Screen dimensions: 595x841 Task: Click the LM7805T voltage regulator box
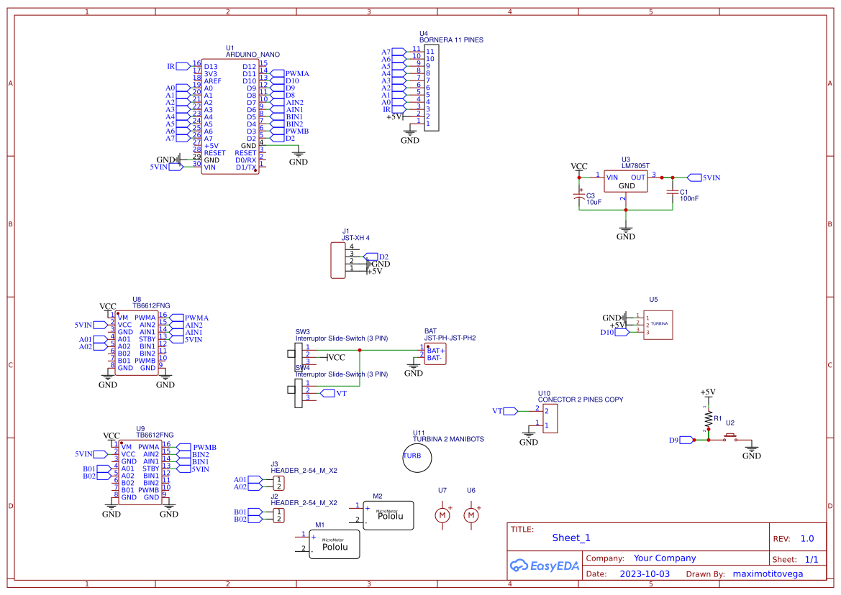[625, 181]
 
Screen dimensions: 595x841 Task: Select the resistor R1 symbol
[708, 418]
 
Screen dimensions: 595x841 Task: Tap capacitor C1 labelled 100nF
[673, 192]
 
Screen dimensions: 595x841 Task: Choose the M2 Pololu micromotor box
[388, 516]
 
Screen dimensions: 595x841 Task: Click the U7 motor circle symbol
[442, 515]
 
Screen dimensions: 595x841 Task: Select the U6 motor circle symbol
[471, 515]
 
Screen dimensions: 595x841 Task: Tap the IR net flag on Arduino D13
[182, 66]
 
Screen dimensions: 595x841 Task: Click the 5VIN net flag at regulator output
[694, 177]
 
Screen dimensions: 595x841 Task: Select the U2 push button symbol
[731, 438]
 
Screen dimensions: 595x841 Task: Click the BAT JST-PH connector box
[435, 354]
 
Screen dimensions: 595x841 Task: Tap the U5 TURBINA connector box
[658, 325]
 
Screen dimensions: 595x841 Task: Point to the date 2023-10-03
[644, 574]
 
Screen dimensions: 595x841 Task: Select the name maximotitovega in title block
[768, 574]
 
